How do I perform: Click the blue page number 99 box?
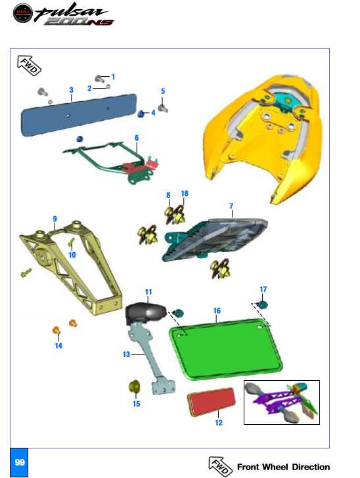19,462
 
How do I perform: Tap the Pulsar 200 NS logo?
64,14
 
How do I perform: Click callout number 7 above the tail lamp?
231,206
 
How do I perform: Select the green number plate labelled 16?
226,349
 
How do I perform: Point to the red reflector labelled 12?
212,401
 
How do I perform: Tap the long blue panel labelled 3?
79,115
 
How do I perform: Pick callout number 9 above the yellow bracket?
55,219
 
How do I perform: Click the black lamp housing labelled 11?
146,313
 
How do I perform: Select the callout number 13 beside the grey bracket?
126,355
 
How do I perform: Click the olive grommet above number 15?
134,387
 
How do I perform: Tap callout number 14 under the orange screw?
58,345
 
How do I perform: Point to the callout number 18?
185,194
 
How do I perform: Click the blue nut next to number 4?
141,114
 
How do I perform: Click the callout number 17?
263,290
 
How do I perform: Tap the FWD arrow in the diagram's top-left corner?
29,65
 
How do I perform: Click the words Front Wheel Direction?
283,467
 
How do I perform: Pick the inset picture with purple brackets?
282,402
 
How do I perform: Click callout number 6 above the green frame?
137,138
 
